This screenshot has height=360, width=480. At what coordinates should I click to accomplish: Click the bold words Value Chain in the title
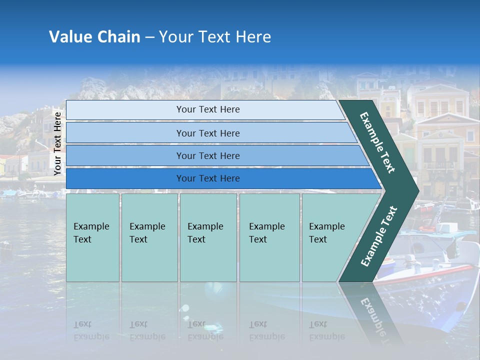94,37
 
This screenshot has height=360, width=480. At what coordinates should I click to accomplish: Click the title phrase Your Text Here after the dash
215,37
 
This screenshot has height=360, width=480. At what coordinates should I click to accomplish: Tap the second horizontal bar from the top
207,133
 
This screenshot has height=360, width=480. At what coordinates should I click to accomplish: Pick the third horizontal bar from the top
207,155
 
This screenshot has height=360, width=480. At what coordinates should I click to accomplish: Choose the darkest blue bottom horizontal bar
207,178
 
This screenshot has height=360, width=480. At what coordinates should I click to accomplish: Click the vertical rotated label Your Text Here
57,143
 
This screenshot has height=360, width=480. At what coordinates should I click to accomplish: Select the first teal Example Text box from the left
92,237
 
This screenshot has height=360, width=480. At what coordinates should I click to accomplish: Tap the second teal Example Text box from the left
149,237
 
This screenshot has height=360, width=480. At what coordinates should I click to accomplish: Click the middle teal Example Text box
208,237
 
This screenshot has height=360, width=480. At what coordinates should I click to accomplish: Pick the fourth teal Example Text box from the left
269,237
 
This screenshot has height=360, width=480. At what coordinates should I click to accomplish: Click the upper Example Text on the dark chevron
377,142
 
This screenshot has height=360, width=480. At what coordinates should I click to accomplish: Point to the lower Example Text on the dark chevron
378,236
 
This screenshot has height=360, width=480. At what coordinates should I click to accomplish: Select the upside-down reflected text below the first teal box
91,330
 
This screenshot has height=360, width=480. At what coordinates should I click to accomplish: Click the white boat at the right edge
450,260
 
